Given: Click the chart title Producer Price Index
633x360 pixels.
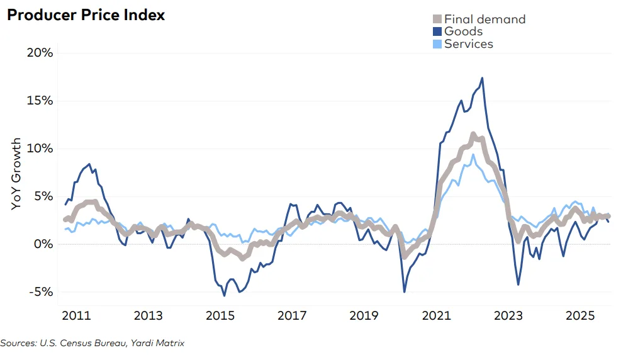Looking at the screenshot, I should [x=86, y=15].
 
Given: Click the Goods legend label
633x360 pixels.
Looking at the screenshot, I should [x=463, y=31].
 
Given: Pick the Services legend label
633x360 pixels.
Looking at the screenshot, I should [x=468, y=43].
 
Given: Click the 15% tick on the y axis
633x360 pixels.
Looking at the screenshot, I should [x=39, y=101].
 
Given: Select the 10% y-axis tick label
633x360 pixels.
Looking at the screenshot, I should [x=39, y=149].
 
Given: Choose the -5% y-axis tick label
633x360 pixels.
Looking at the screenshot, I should [x=40, y=292].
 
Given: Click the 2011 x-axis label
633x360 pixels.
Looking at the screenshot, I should [x=74, y=315].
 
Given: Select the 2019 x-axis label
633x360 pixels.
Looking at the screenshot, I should [x=364, y=315].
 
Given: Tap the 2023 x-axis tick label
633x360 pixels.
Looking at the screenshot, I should [x=508, y=315].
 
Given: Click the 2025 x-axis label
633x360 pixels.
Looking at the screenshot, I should [x=581, y=315].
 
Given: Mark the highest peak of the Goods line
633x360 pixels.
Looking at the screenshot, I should [x=482, y=78].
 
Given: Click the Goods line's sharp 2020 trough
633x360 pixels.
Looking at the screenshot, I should [x=404, y=291].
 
